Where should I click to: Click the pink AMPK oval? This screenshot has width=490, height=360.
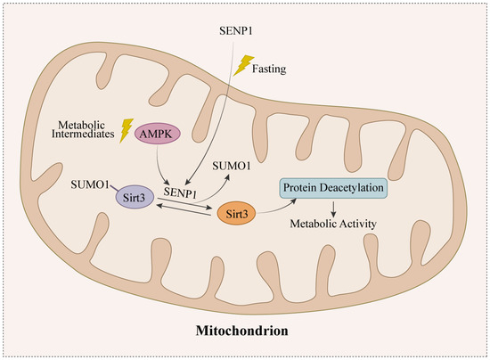159,135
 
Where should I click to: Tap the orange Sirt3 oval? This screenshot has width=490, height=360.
236,214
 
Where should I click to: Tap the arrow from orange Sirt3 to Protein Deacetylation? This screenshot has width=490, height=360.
267,200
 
